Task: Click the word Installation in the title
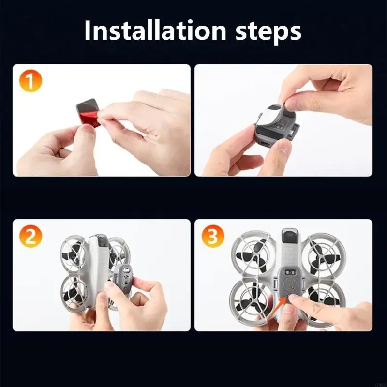coord(155,30)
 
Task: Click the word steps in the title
coord(268,32)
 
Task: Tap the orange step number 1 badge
coord(30,81)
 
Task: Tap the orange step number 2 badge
coord(30,236)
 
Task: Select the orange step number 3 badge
coord(213,236)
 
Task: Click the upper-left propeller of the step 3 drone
coord(251,254)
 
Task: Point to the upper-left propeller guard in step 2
coord(74,253)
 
